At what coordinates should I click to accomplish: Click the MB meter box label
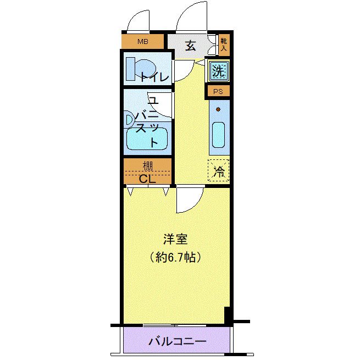point(143,41)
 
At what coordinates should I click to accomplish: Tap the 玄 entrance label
point(190,46)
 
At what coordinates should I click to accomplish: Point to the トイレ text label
point(154,77)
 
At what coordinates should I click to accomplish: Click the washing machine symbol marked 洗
point(218,71)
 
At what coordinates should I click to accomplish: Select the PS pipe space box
point(218,92)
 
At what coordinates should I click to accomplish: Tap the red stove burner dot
point(218,109)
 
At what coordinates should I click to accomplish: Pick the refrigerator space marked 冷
point(219,170)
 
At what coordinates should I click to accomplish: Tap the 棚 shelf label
point(148,165)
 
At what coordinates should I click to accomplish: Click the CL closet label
point(147,178)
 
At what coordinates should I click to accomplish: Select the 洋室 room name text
point(176,240)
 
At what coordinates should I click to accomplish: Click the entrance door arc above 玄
point(192,16)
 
